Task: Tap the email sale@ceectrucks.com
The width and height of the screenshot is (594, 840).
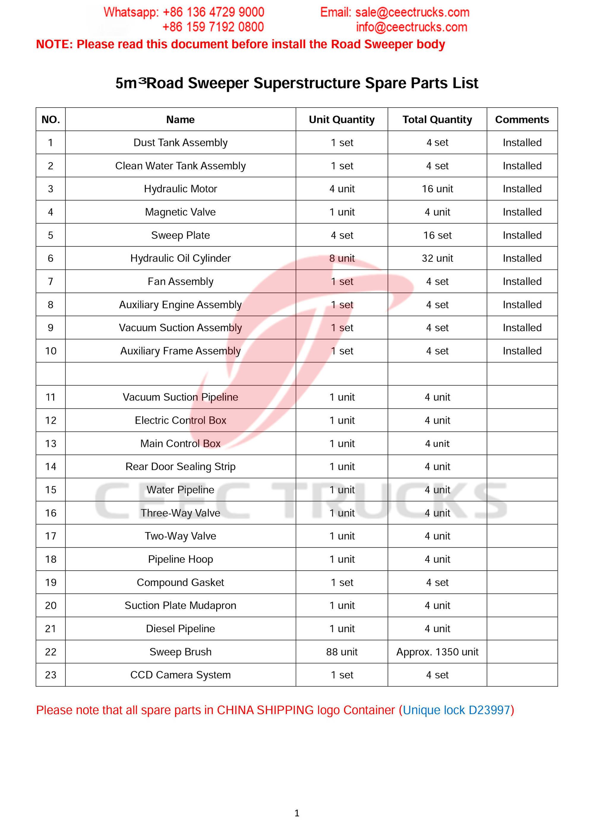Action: [x=412, y=12]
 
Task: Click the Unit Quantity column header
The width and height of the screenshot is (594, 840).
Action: [x=342, y=120]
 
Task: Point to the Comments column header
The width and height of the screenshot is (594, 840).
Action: [x=522, y=120]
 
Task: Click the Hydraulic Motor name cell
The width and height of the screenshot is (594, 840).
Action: [x=180, y=189]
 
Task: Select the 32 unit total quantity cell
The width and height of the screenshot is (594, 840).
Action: [x=437, y=258]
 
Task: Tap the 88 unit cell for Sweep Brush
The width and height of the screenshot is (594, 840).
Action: [x=342, y=652]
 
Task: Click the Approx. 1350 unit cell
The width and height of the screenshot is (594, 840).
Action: [x=437, y=652]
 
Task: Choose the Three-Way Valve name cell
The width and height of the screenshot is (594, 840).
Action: [x=180, y=513]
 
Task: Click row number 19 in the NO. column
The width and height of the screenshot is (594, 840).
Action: [x=50, y=582]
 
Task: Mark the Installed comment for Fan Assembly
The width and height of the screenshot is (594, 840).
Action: [x=522, y=281]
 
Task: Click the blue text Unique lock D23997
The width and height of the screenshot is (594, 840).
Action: [x=456, y=710]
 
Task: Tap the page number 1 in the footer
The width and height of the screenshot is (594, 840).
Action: [x=297, y=813]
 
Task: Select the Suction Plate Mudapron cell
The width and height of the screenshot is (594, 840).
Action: [x=180, y=605]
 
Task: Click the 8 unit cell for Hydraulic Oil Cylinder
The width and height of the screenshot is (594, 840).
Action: [x=342, y=258]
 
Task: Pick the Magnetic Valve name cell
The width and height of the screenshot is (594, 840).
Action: [x=180, y=212]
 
